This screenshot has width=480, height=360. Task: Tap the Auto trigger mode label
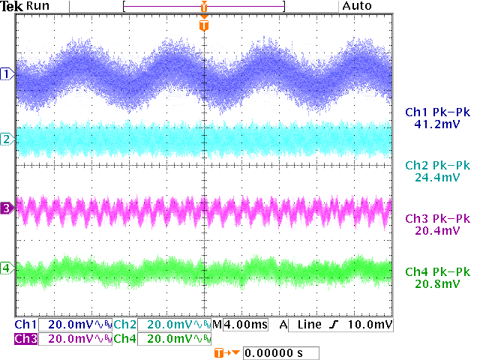pyautogui.click(x=357, y=6)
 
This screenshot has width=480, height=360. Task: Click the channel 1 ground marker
pyautogui.click(x=7, y=73)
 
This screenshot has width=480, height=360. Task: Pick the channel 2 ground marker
pyautogui.click(x=7, y=139)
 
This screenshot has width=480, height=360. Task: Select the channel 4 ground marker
pyautogui.click(x=7, y=268)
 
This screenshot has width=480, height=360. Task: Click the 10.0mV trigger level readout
pyautogui.click(x=373, y=325)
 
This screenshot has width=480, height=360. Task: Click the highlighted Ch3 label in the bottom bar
pyautogui.click(x=25, y=338)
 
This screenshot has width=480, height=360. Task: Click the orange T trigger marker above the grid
pyautogui.click(x=204, y=25)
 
